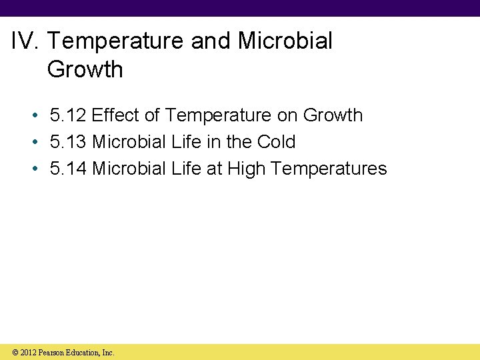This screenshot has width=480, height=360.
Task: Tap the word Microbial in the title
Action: [x=285, y=41]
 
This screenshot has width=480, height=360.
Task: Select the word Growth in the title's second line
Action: [x=85, y=69]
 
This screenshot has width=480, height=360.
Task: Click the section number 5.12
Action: [x=69, y=115]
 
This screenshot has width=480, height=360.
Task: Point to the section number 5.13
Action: [x=69, y=142]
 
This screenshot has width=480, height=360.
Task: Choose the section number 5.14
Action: [x=69, y=169]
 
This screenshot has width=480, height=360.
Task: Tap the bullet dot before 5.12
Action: [x=34, y=116]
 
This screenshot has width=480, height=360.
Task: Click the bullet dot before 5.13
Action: [x=34, y=143]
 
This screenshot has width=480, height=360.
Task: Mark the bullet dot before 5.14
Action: [x=34, y=169]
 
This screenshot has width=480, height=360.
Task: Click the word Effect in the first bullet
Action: [x=116, y=115]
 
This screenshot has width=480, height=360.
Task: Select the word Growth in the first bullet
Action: [x=333, y=115]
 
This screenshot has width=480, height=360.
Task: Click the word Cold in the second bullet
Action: [x=276, y=142]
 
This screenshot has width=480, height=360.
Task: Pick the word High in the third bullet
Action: [x=247, y=169]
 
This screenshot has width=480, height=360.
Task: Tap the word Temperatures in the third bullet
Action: [x=329, y=169]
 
